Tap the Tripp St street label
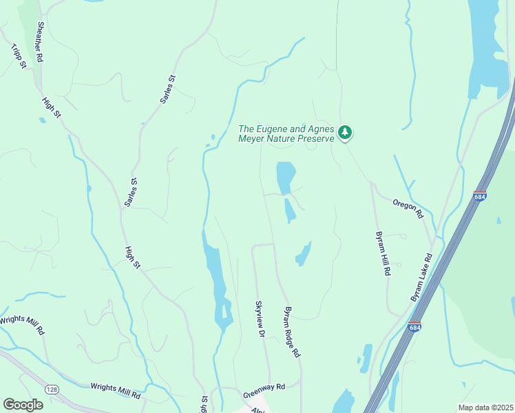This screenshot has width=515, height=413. point(19,56)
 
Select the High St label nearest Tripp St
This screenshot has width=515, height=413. point(50,107)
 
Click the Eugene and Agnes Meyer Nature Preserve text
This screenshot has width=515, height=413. point(286,133)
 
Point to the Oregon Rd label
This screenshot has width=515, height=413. point(407,208)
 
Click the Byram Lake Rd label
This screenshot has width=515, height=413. point(422,276)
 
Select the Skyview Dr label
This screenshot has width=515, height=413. point(260,318)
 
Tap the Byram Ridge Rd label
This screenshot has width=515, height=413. point(293,331)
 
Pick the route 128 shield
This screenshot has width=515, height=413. point(52,390)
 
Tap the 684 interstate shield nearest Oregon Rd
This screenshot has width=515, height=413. point(480,196)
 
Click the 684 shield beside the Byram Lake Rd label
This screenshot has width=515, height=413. point(414,326)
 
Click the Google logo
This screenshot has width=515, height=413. point(23,404)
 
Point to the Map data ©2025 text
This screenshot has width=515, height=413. point(485,407)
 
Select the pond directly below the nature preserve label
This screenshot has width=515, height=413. point(285,178)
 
